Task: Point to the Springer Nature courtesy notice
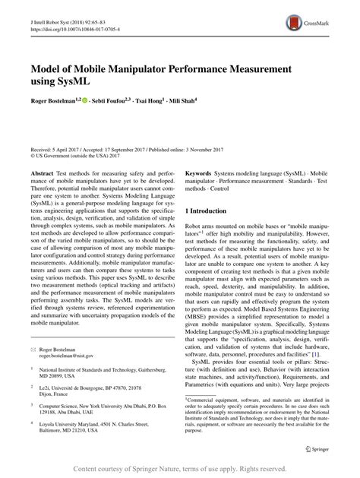[x=180, y=468]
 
